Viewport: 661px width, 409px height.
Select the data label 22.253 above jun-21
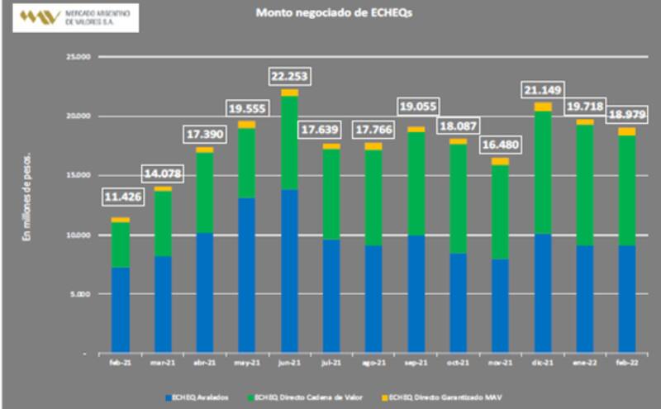tap(290, 77)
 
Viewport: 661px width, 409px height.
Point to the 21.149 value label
tap(544, 88)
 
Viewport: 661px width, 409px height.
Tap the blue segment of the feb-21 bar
tap(121, 310)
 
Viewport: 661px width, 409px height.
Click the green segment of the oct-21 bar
tap(459, 198)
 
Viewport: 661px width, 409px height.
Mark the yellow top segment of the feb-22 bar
tap(627, 131)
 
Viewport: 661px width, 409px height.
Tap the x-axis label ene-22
tap(585, 362)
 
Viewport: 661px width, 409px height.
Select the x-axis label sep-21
tap(416, 362)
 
